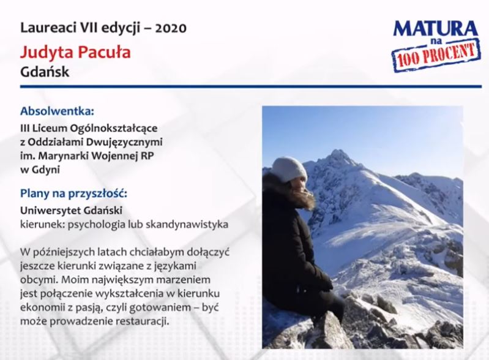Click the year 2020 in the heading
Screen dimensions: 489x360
point(171,28)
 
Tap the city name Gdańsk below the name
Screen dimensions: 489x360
point(45,72)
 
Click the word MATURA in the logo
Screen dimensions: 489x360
point(435,29)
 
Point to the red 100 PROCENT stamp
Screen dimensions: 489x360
point(436,55)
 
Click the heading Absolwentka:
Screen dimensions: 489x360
point(57,111)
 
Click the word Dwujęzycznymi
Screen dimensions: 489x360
point(124,142)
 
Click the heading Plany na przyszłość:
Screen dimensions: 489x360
point(74,193)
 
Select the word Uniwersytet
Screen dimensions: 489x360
point(45,211)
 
